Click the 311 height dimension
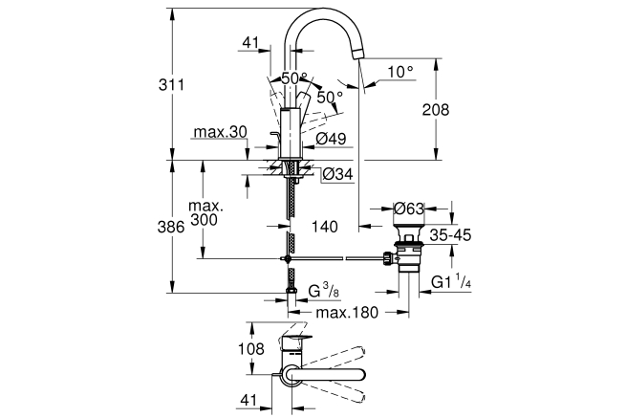[171, 85]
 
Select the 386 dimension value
[171, 227]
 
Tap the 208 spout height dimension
[436, 109]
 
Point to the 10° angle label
[400, 72]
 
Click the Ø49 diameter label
[331, 139]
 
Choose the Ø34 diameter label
[337, 174]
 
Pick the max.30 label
[221, 132]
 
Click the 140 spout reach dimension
[325, 227]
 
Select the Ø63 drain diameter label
[408, 209]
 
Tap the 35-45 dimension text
[450, 235]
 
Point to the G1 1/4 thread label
[451, 282]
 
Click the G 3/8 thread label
[324, 291]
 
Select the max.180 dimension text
[347, 312]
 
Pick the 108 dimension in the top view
[251, 349]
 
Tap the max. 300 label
[205, 213]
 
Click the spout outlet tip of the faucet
[357, 54]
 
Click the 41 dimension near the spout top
[250, 42]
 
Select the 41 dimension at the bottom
[248, 400]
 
